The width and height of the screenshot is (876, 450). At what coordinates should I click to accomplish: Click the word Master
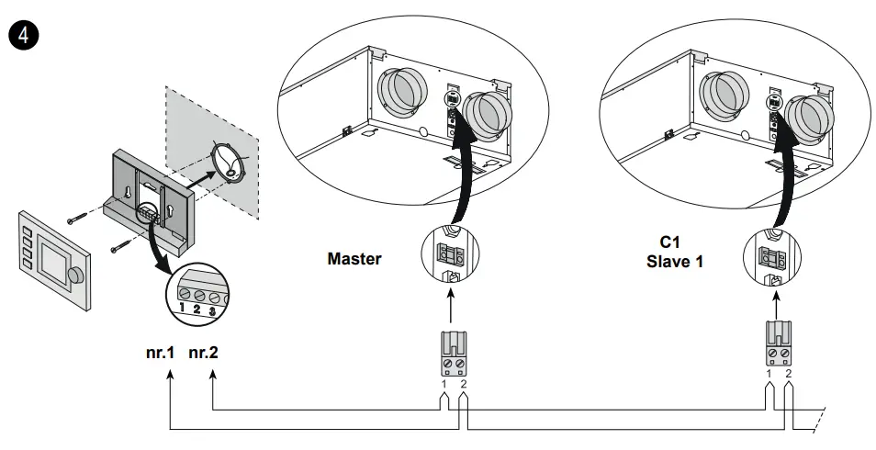coord(354,259)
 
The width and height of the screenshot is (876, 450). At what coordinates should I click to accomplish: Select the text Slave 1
coord(675,261)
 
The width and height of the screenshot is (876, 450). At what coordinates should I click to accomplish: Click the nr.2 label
coord(203,352)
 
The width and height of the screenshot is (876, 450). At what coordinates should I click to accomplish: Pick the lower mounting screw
coord(118,246)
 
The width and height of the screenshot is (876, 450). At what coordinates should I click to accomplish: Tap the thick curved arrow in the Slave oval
coord(782,174)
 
